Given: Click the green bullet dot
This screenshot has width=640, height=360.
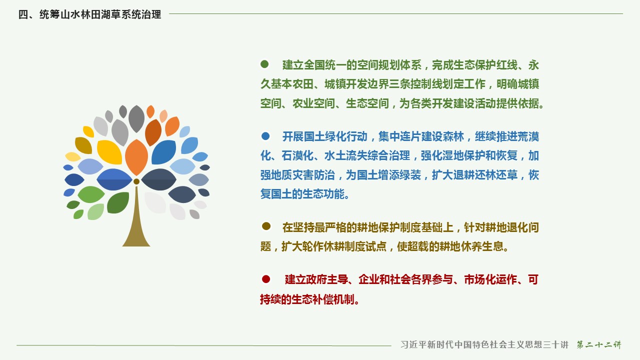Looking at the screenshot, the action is tap(264, 64).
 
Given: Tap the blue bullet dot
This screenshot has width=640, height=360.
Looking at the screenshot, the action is tap(265, 135).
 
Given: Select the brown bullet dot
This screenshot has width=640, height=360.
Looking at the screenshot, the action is tap(266, 226).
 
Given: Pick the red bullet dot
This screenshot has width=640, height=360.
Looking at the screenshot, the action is tap(266, 279).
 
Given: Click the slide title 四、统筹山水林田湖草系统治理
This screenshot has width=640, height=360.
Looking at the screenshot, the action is tap(89, 14).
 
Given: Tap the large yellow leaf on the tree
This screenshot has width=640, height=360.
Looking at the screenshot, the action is tap(109, 152).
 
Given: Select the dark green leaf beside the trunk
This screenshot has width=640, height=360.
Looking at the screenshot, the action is tap(118, 202).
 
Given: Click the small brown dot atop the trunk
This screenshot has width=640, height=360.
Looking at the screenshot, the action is tap(136, 181).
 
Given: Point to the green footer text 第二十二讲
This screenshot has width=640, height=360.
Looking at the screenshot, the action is tap(599, 344).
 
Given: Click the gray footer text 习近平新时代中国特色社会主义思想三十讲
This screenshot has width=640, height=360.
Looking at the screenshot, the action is tap(484, 344).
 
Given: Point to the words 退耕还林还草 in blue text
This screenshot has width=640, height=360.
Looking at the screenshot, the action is tap(485, 175).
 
